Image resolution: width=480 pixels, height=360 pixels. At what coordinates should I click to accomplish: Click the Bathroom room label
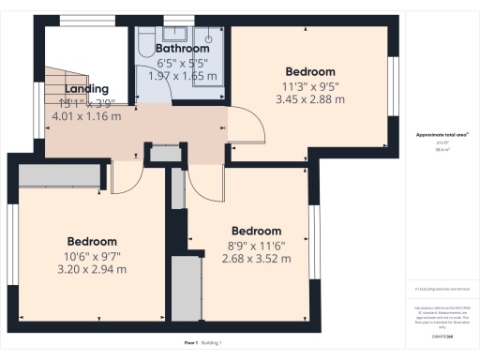182,48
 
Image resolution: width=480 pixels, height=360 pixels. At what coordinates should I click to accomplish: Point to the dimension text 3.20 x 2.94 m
92,269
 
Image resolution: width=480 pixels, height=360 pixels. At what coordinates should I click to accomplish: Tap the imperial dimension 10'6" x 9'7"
92,255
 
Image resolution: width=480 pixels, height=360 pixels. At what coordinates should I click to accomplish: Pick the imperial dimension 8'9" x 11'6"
256,245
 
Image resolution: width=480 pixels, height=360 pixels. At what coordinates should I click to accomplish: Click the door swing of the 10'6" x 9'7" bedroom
125,174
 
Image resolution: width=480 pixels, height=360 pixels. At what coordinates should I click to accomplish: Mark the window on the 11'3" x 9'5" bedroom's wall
394,85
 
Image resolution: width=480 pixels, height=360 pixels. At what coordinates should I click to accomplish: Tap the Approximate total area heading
437,135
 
